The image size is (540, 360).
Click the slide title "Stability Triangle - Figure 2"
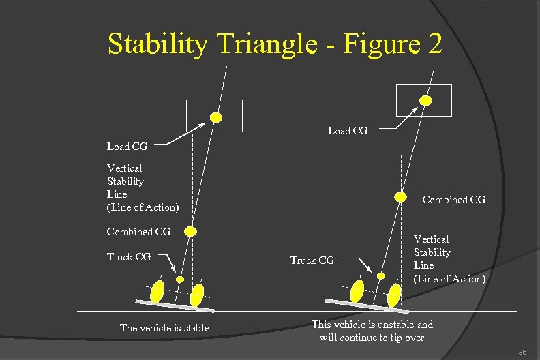pos(275,45)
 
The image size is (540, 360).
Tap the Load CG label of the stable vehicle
pos(127,146)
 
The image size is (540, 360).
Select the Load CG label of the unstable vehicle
pos(347,131)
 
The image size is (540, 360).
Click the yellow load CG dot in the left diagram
pos(216,117)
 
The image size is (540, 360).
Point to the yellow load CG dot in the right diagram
pos(425,101)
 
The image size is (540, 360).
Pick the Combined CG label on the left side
pos(138,232)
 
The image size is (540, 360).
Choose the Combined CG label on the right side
pos(453,200)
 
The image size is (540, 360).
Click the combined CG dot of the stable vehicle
pos(191,232)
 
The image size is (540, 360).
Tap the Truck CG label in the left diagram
pos(129,257)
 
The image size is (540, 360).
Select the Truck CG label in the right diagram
pos(312,260)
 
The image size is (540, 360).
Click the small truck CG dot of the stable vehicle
pos(180,278)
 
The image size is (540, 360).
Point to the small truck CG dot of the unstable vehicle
pos(381,275)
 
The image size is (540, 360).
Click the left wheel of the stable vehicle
pos(157,291)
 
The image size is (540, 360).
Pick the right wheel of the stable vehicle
pos(197,295)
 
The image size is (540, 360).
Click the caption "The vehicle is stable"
pos(164,328)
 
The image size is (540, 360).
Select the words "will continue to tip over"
pos(372,337)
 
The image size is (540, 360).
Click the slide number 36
pos(523,352)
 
